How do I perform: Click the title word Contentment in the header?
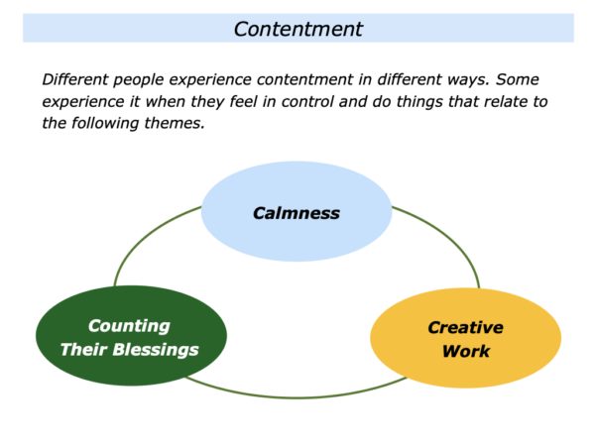(x=298, y=29)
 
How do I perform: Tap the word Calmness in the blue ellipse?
(x=297, y=213)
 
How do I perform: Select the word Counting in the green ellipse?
(x=129, y=326)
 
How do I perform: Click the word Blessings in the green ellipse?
(x=156, y=350)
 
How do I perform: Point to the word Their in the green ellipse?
(x=84, y=349)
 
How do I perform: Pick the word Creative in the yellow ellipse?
(x=466, y=328)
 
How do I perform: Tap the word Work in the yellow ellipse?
(x=466, y=351)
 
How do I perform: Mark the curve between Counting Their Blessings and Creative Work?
(x=296, y=397)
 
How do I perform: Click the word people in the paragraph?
(x=139, y=80)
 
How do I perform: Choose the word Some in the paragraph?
(x=518, y=79)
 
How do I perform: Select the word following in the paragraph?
(x=105, y=124)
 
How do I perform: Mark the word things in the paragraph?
(x=419, y=102)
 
